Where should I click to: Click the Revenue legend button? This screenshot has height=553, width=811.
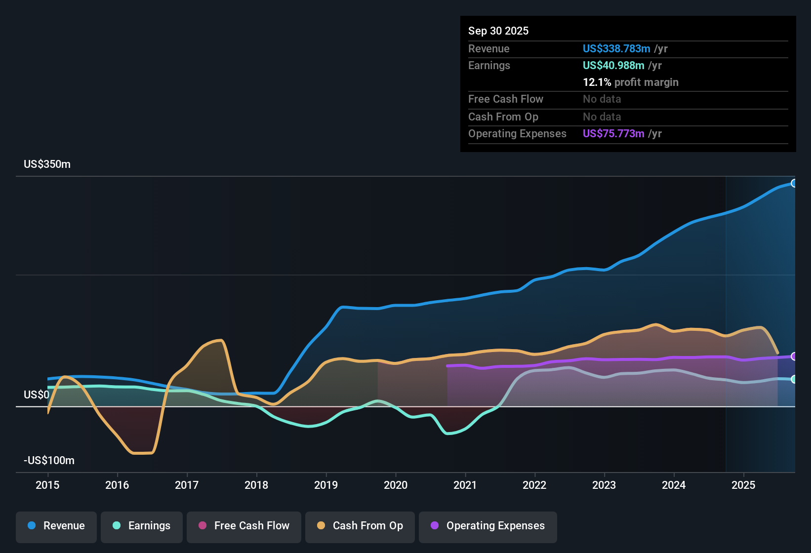tap(56, 526)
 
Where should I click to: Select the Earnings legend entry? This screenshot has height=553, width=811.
tap(142, 526)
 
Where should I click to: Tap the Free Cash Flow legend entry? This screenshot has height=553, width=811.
tap(244, 526)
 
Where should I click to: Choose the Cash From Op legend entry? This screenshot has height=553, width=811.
tap(360, 526)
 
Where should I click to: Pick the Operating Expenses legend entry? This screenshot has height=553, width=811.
tap(488, 526)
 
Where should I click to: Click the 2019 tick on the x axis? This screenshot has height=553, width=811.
tap(326, 485)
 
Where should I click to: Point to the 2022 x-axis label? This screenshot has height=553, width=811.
tap(534, 485)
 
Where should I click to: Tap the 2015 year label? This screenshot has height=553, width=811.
tap(47, 485)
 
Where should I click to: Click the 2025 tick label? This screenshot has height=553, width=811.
tap(743, 485)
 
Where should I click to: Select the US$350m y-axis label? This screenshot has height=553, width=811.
tap(47, 164)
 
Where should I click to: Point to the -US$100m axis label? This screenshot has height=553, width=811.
tap(49, 461)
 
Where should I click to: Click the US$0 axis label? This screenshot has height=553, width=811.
tap(37, 395)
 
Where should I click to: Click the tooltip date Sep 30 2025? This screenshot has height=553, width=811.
tap(498, 31)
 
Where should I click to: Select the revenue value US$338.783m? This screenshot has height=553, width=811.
tap(616, 49)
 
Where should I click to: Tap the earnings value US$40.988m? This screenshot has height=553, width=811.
tap(613, 66)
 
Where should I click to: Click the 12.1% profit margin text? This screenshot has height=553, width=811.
tap(630, 82)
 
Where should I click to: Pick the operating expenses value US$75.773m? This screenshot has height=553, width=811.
tap(613, 134)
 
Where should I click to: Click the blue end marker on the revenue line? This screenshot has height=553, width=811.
tap(794, 184)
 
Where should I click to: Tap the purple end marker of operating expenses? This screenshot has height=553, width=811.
tap(794, 356)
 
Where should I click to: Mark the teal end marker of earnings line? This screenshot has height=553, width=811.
tap(794, 379)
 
